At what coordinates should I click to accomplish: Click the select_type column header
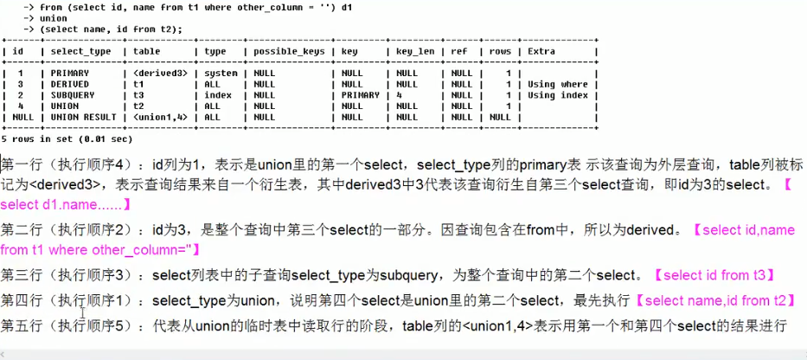point(81,52)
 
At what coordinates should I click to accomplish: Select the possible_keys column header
point(289,52)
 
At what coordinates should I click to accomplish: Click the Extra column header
point(541,52)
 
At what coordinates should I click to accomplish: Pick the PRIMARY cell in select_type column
point(70,74)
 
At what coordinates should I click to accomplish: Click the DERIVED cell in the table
point(70,85)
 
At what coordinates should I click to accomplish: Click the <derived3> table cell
point(159,74)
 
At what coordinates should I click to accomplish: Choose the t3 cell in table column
point(140,95)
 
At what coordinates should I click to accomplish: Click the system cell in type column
point(221,74)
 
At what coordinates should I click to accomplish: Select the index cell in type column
point(217,95)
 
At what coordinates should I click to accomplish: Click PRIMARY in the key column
point(360,95)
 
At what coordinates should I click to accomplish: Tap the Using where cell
point(557,85)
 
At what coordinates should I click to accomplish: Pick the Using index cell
point(557,95)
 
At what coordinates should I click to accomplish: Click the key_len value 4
point(400,95)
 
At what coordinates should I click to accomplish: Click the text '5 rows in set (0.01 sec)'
point(67,138)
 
